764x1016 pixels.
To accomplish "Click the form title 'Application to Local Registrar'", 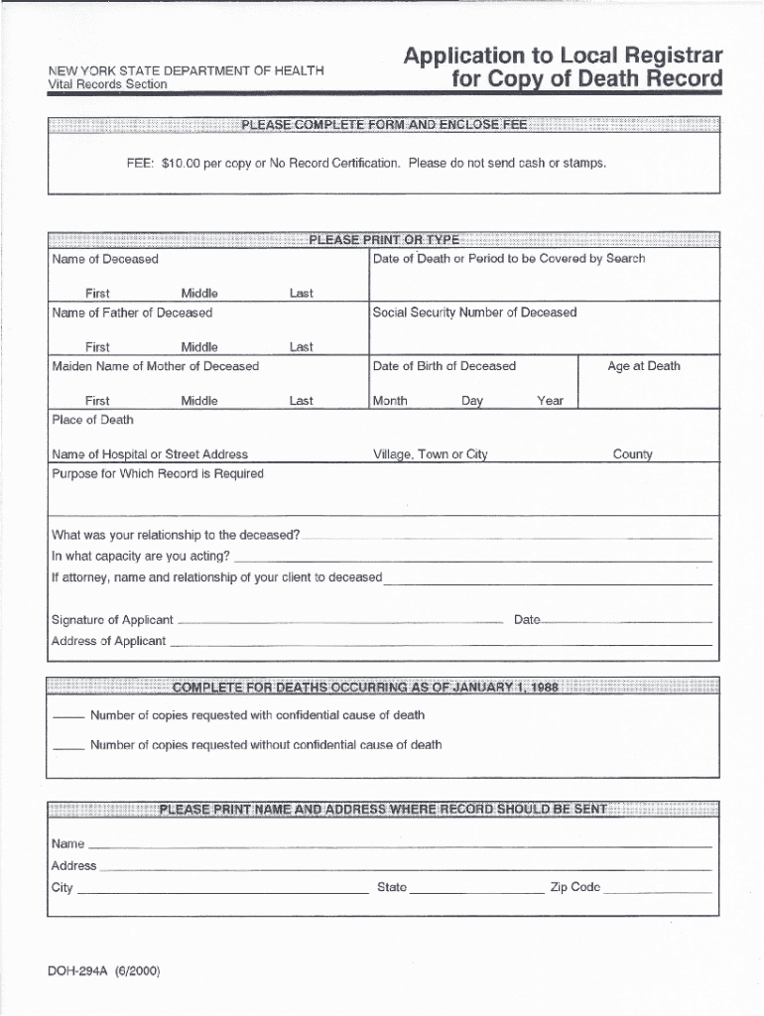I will click(x=563, y=56).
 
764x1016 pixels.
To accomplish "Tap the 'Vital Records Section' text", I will click(x=109, y=85).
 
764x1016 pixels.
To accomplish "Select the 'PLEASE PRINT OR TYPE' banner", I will click(x=384, y=239).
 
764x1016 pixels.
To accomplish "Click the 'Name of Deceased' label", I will click(x=105, y=259).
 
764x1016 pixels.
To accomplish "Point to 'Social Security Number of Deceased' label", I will click(x=474, y=313).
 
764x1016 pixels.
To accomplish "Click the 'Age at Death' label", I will click(x=644, y=366).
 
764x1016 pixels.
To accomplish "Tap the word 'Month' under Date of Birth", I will click(x=390, y=401).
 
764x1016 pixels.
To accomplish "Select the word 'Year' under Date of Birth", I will click(x=550, y=401).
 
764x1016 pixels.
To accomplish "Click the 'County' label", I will click(x=632, y=454).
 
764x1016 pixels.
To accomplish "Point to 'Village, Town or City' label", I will click(x=431, y=454).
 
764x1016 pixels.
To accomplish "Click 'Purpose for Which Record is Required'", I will click(x=158, y=474).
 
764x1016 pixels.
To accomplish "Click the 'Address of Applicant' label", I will click(x=108, y=641).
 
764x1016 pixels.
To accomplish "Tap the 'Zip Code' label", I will click(x=575, y=887).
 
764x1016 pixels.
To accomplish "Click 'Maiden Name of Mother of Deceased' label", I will click(x=155, y=366).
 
